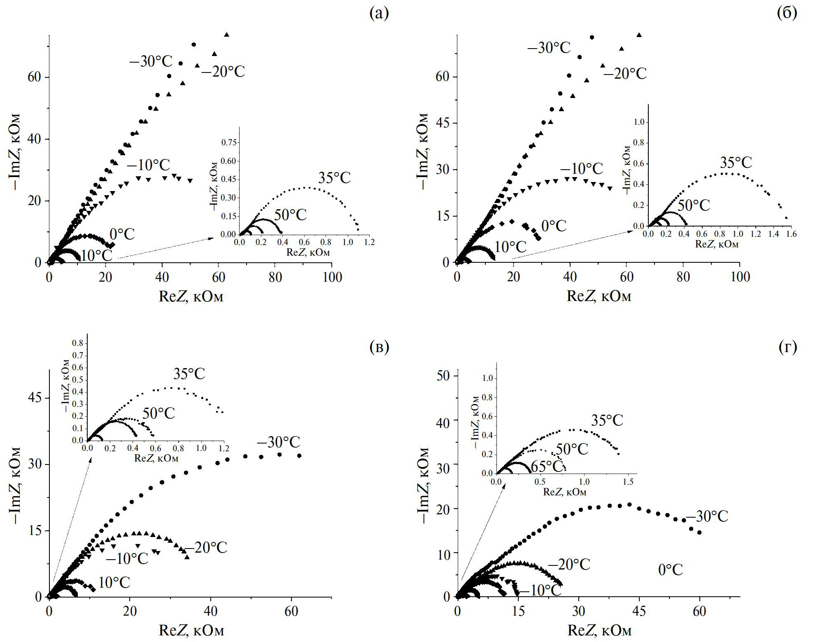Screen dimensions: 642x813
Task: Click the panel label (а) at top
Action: point(379,14)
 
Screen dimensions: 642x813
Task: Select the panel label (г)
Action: point(787,347)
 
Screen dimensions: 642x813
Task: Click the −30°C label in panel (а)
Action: point(151,62)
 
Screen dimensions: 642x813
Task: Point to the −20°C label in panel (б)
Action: point(625,74)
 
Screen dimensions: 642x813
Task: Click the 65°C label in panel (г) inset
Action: point(547,466)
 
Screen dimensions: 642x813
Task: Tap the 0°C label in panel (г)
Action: point(670,570)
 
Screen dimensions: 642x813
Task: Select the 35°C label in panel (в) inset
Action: point(189,374)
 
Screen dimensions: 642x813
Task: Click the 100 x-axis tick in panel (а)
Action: point(332,278)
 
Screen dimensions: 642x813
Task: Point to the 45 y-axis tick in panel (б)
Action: point(443,123)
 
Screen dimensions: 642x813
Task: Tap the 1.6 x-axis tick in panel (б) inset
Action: point(791,234)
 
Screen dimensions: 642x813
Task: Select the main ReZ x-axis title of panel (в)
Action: point(191,630)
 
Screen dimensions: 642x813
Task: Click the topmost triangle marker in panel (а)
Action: point(226,35)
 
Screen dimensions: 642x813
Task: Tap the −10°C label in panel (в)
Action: point(127,559)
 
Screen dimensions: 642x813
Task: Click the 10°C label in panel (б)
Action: point(510,247)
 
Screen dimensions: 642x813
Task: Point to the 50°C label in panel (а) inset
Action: point(290,215)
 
